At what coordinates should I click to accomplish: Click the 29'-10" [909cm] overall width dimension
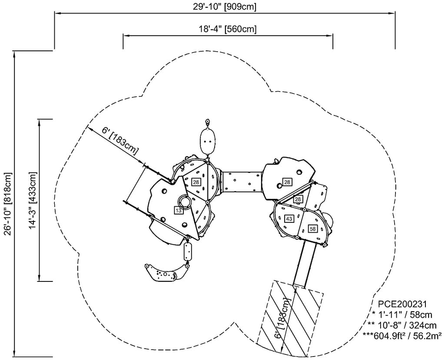pos(224,6)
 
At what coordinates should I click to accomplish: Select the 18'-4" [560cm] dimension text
pos(228,29)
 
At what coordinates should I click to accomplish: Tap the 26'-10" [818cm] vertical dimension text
pos(7,204)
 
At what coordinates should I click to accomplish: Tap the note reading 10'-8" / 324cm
pos(403,325)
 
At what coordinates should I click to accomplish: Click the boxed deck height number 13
pos(178,211)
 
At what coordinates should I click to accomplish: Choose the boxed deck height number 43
pos(289,219)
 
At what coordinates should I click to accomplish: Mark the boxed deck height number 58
pos(312,229)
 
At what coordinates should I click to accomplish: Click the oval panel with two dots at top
pos(207,141)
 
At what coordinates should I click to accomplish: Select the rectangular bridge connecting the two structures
pos(242,182)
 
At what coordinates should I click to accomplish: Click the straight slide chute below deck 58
pos(305,264)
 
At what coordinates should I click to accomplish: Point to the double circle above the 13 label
pos(186,201)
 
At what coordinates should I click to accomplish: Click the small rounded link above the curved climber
pos(188,251)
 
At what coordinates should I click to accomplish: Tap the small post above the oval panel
pos(207,121)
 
